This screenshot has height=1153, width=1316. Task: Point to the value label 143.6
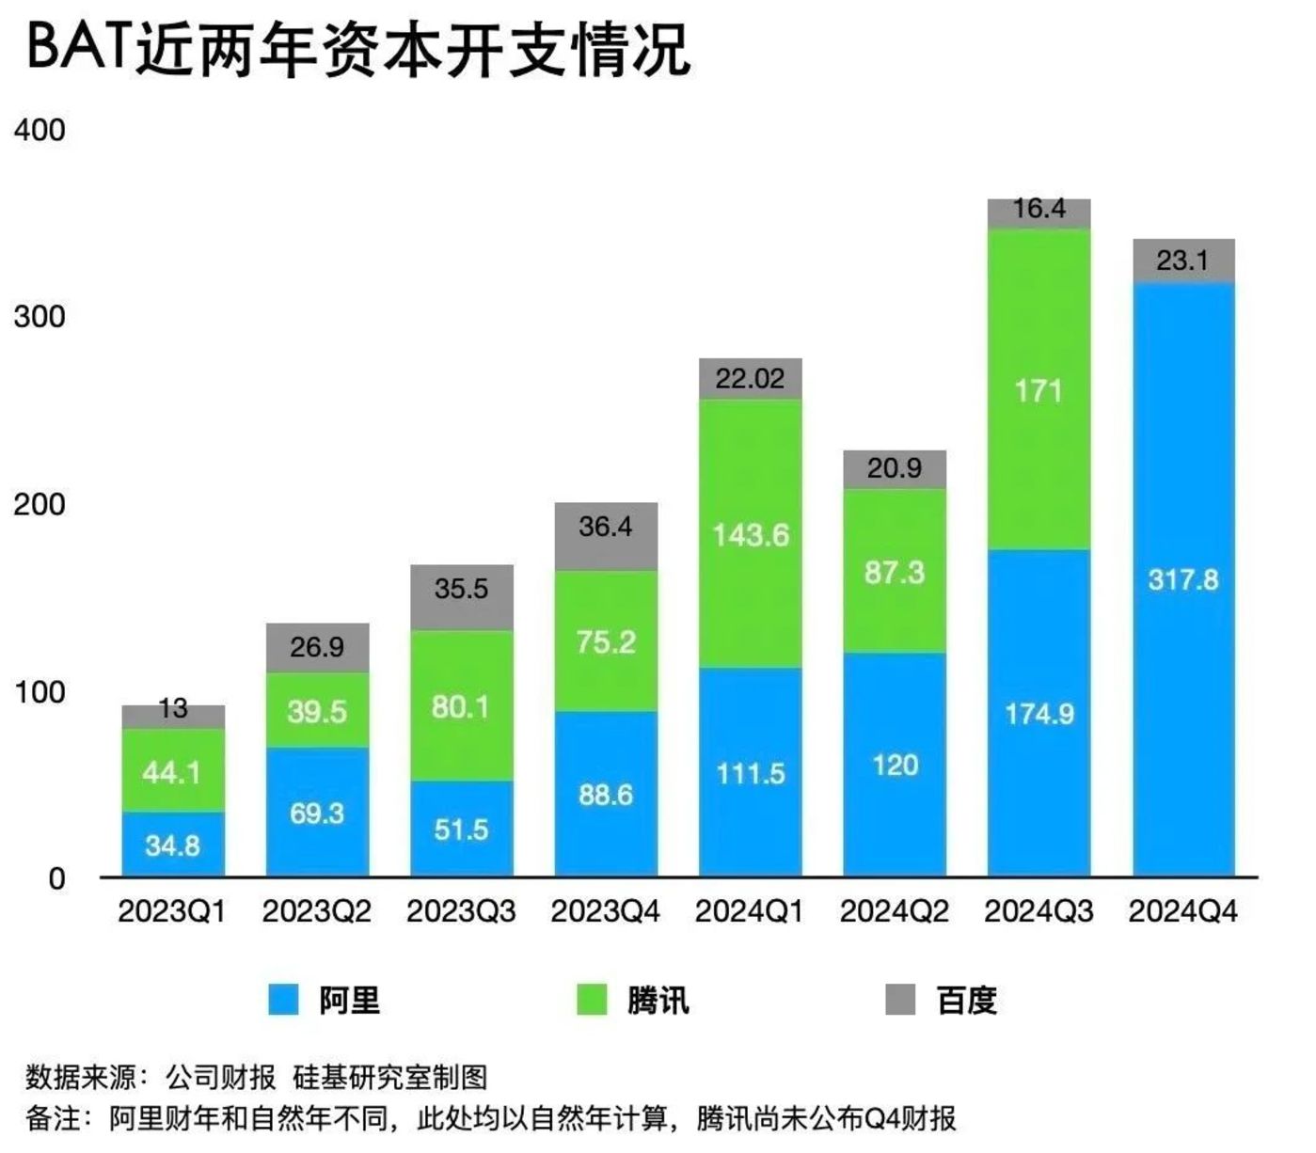750,536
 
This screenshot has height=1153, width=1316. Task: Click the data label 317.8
1182,579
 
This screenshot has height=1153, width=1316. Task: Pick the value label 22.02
750,378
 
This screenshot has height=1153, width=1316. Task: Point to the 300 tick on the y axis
40,317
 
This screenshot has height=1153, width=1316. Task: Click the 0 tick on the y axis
57,879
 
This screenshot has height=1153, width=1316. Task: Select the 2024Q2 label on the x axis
894,911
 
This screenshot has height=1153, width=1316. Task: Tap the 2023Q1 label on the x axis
172,911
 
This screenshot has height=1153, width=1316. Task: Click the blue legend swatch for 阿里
283,1000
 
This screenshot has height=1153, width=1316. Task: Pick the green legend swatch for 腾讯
592,1000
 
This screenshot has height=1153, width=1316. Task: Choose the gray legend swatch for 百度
900,1000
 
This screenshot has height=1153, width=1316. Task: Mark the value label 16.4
1039,209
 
